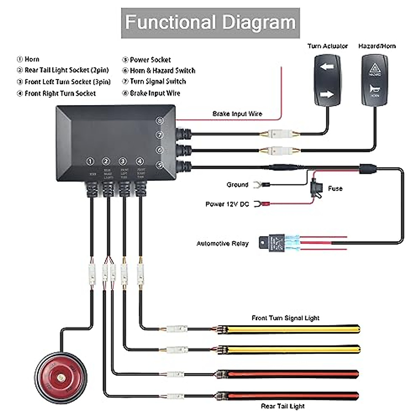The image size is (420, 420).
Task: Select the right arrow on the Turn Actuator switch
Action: (x=327, y=94)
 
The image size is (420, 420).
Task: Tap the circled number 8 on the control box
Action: (x=160, y=121)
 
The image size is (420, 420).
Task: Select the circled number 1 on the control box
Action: (x=90, y=161)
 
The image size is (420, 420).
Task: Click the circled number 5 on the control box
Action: (x=160, y=165)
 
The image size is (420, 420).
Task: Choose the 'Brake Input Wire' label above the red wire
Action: (x=237, y=114)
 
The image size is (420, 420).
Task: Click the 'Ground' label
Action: (x=237, y=184)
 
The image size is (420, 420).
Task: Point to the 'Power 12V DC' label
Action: (x=227, y=204)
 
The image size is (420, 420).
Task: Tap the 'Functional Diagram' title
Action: (x=210, y=23)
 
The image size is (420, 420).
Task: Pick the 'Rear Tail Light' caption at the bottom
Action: (x=282, y=406)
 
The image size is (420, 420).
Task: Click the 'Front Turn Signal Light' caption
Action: (x=285, y=318)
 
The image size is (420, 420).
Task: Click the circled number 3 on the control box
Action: (x=122, y=161)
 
